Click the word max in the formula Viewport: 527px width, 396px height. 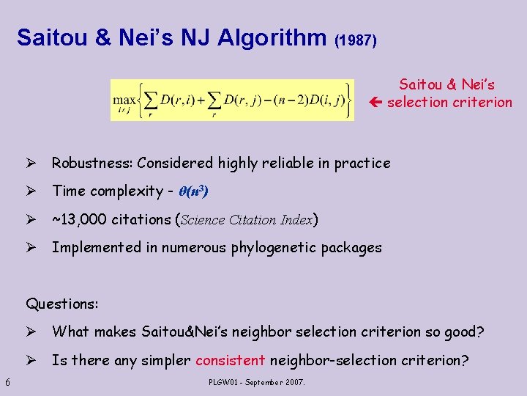point(123,98)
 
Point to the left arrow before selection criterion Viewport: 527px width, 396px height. point(378,103)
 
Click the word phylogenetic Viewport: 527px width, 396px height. point(275,248)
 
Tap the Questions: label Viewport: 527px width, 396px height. point(62,303)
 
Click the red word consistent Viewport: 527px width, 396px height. point(231,360)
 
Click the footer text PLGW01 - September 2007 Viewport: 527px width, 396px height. point(257,382)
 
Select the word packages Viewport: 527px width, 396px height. point(354,248)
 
